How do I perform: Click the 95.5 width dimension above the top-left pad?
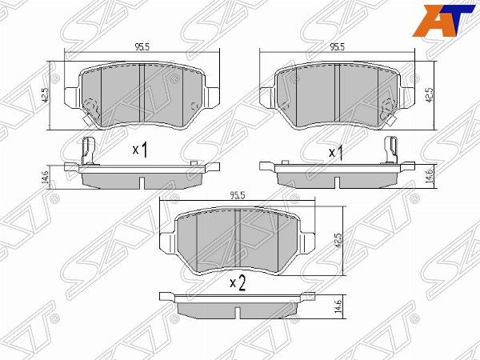pos(142,47)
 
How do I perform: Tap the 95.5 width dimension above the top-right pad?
pos(338,47)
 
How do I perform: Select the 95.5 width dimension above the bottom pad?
pos(238,196)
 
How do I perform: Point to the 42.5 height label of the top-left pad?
pos(45,95)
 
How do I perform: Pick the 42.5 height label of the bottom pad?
pos(338,240)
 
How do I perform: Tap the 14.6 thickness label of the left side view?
pos(45,178)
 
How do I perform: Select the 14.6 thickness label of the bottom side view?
pos(338,306)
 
